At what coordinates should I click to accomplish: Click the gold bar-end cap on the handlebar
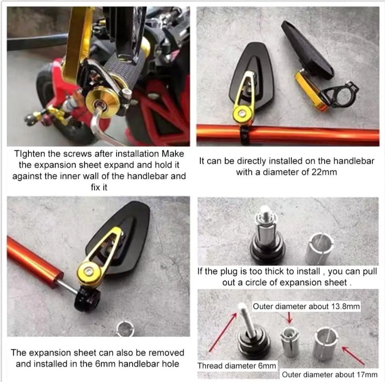(x=102, y=103)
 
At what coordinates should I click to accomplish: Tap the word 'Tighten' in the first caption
(x=30, y=154)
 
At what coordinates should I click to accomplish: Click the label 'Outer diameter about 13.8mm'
(x=306, y=306)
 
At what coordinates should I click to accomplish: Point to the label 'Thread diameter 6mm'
(x=237, y=366)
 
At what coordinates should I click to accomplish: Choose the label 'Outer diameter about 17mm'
(x=329, y=374)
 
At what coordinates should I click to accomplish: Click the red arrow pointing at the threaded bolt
(x=223, y=331)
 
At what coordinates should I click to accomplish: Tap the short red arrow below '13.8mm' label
(x=289, y=318)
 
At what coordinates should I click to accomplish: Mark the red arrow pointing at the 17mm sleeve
(x=353, y=355)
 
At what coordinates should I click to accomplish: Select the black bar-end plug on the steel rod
(x=87, y=300)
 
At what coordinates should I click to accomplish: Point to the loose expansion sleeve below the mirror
(x=125, y=329)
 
